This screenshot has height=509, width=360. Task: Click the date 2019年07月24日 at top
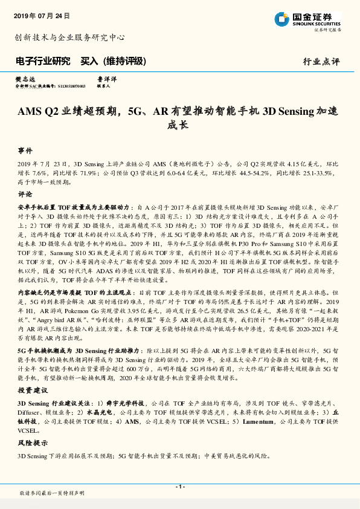click(42, 15)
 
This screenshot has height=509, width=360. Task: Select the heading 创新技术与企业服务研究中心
click(69, 37)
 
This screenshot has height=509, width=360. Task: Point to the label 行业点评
click(321, 62)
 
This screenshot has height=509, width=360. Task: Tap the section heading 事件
click(25, 149)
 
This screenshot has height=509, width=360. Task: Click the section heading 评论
click(25, 195)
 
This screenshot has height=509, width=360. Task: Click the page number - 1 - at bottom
click(180, 487)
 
